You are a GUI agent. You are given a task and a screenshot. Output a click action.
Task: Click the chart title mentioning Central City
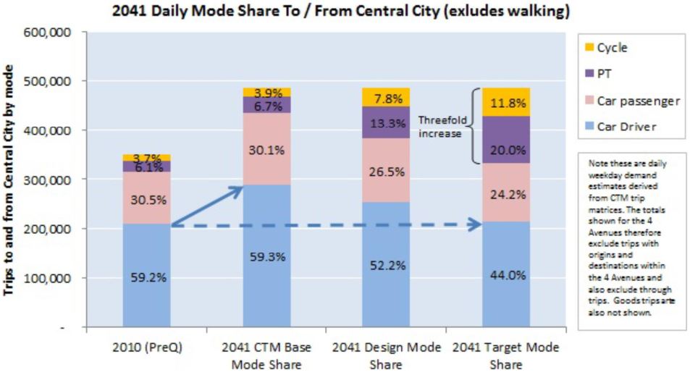[340, 12]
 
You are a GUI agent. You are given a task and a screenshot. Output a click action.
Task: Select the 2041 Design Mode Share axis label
[387, 355]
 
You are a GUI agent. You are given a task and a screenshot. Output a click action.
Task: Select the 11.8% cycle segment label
[507, 103]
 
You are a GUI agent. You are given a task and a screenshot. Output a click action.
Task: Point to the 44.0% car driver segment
[507, 275]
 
